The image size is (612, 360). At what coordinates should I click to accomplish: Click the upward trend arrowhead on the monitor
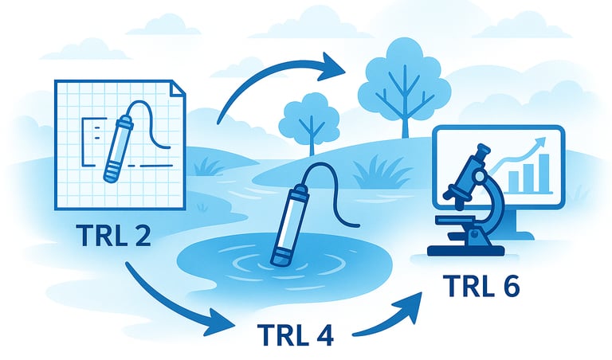pyautogui.click(x=543, y=142)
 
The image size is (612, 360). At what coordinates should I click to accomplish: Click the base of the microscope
pyautogui.click(x=466, y=248)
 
